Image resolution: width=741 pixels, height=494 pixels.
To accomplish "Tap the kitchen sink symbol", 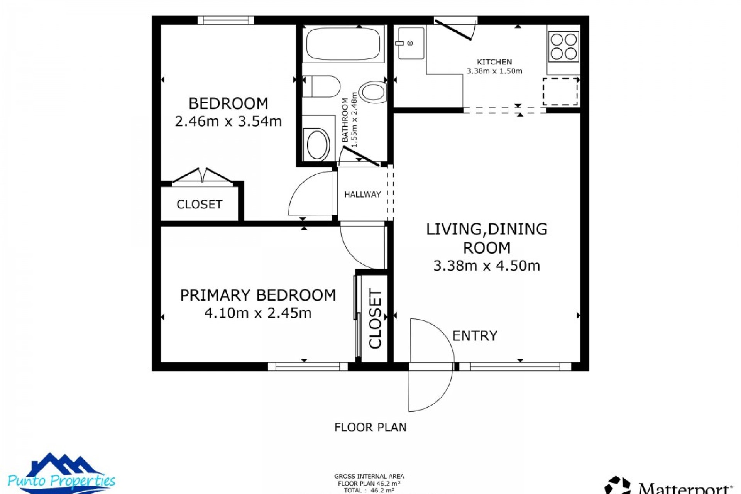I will click(411, 43).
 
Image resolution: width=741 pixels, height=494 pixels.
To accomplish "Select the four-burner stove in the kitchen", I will click(563, 46).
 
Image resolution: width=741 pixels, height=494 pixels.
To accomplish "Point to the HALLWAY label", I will click(362, 195).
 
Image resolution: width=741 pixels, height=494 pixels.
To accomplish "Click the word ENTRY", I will click(475, 336).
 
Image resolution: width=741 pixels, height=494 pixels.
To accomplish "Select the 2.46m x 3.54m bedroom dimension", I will click(228, 122).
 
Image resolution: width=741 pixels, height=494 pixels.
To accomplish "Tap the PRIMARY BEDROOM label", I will click(258, 295).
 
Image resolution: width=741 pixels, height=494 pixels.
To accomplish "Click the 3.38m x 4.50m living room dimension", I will click(486, 266).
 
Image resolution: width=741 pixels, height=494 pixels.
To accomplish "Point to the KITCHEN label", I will click(494, 62).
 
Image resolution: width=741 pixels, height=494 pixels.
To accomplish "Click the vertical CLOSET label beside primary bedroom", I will click(375, 318).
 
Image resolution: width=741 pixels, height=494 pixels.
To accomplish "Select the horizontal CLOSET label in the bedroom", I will click(199, 205).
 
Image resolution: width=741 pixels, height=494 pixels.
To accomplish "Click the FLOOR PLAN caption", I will click(370, 427).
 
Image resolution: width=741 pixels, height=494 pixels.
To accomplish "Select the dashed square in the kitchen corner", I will click(560, 91).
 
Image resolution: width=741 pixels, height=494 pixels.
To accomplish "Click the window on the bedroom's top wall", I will click(226, 20).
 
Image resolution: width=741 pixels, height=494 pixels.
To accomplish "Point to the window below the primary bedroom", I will click(308, 366).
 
